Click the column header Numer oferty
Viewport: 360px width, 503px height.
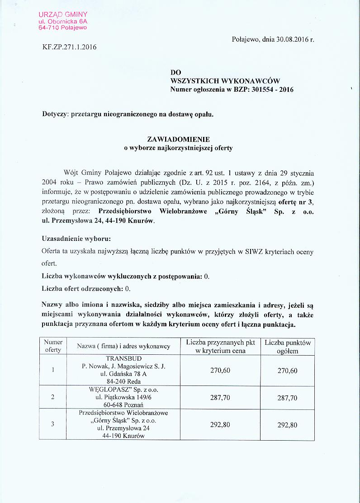53,346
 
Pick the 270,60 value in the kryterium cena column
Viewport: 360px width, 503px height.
220,371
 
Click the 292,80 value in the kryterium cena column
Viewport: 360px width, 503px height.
220,425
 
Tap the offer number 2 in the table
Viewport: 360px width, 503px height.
53,397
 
